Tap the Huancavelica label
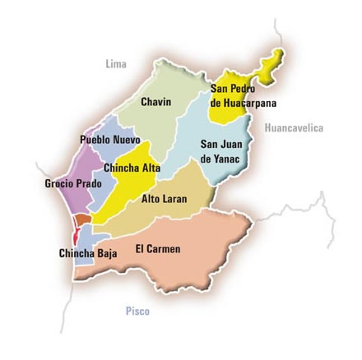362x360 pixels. point(294,128)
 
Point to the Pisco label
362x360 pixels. point(137,312)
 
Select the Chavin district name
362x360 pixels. point(155,102)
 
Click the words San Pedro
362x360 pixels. point(233,89)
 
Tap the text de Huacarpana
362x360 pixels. point(244,104)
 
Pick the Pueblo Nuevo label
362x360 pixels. point(109,140)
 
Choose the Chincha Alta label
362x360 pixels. point(132,168)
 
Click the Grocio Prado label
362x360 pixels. point(73,183)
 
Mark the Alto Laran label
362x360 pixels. point(164,199)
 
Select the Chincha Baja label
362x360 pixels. point(88,253)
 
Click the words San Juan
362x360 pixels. point(220,144)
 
